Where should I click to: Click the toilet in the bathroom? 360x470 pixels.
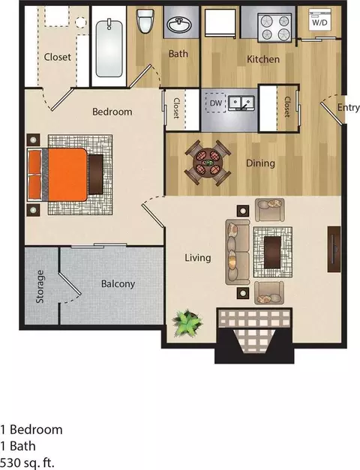pos(145,21)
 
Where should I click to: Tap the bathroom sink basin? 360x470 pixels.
pos(179,24)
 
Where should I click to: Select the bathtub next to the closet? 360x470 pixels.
pos(109,48)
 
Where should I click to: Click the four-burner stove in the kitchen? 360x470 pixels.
pos(274,28)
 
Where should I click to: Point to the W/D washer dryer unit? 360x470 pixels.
pos(319,19)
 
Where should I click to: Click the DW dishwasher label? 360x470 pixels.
pos(216,103)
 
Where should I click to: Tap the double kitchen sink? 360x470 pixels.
pos(241,103)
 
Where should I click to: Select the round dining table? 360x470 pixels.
pos(207,163)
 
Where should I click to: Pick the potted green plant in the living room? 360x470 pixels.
pos(187,323)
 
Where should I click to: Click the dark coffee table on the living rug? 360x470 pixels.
pos(273,252)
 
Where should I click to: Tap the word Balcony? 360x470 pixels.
pos(118,284)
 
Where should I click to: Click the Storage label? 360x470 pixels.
pos(40,286)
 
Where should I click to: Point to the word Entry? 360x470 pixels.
pos(348,107)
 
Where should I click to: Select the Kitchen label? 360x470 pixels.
pos(263,59)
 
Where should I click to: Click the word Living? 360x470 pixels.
pos(198,258)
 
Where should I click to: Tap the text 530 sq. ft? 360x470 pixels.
pos(27,463)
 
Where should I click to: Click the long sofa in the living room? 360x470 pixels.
pos(238,252)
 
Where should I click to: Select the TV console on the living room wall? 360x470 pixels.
pos(334,249)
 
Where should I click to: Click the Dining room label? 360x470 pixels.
pos(260,163)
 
